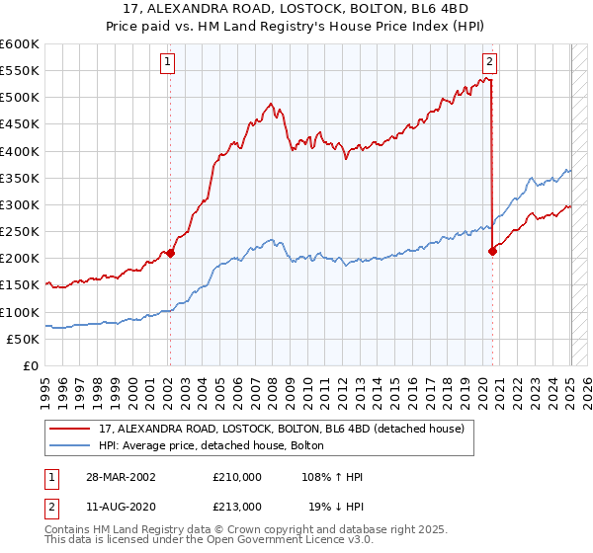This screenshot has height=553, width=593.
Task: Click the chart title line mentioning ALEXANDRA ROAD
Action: (296, 11)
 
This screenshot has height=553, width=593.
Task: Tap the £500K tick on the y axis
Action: (20, 98)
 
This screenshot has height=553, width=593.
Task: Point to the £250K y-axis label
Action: (20, 231)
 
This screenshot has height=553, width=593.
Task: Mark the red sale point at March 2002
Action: (170, 253)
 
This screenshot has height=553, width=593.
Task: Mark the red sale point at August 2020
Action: (492, 251)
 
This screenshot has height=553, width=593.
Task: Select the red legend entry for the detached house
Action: (287, 430)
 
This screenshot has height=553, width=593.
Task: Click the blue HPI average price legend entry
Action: (217, 446)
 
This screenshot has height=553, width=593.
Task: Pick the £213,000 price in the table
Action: (237, 506)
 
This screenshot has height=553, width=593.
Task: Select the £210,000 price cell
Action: (237, 477)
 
